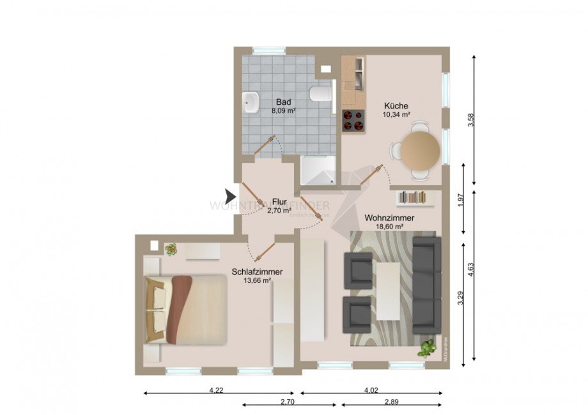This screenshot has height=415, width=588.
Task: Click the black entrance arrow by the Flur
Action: coord(231,196)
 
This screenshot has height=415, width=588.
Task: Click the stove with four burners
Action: coord(353,120)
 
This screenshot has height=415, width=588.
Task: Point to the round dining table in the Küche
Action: coord(420,149)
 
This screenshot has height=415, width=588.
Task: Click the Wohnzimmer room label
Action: coord(389,218)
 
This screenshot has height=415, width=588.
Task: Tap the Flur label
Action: coord(279,200)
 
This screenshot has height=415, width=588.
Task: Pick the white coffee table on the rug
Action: coord(388,291)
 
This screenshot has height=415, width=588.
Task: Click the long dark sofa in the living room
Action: coord(426,285)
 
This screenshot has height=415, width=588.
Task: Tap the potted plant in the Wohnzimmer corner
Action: coord(426,349)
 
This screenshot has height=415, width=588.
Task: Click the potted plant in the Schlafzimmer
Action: coord(171,250)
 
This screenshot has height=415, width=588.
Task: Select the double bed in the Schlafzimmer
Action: coord(186,310)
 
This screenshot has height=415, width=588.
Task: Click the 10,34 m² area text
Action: coord(396,114)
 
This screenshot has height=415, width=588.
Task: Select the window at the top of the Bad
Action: coord(268,51)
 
